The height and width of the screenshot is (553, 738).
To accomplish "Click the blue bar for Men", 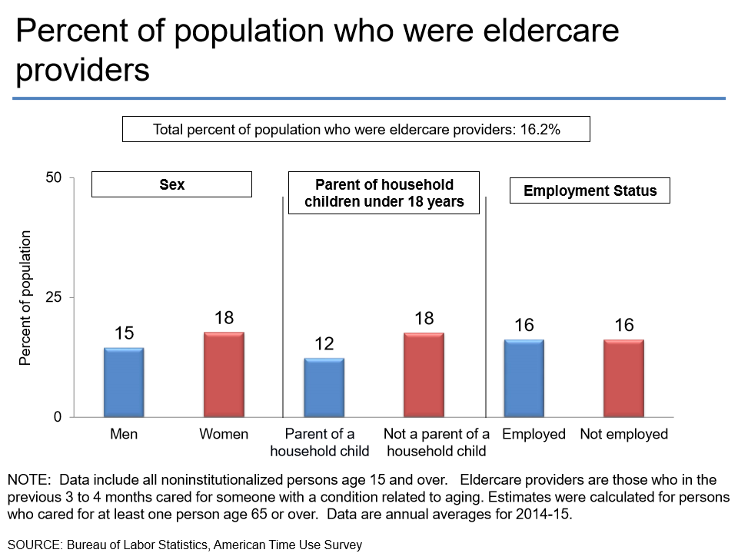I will (x=124, y=382).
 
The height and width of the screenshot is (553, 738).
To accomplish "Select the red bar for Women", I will (x=224, y=375).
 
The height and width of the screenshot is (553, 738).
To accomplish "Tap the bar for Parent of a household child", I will (x=324, y=388).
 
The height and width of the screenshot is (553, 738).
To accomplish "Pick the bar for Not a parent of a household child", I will (x=424, y=375).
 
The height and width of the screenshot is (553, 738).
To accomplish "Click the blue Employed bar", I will (x=524, y=379).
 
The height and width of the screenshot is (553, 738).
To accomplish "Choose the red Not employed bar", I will (x=623, y=379).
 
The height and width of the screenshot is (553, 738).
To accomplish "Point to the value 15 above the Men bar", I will (x=124, y=333).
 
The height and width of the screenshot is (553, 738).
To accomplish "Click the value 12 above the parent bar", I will (x=324, y=343).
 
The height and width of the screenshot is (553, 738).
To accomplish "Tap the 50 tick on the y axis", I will (x=55, y=177).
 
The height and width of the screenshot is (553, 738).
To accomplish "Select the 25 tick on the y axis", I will (x=55, y=297).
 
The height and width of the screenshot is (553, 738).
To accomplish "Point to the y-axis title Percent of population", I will (x=25, y=297).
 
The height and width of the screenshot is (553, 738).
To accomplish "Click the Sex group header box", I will (x=171, y=185).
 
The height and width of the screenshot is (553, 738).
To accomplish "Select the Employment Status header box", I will (x=590, y=190).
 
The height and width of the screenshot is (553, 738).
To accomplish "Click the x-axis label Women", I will (x=224, y=434).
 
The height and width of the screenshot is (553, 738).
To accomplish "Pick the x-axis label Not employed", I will (x=623, y=434).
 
